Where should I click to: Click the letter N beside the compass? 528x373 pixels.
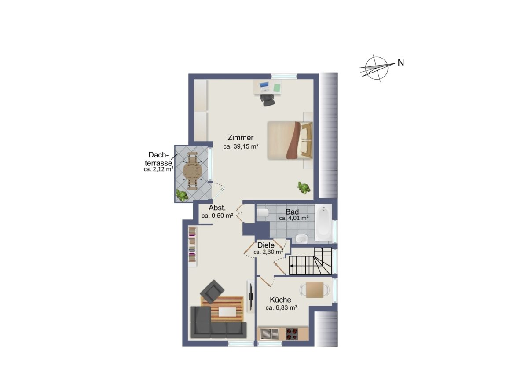point(401,62)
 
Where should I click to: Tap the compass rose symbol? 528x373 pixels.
point(377,68)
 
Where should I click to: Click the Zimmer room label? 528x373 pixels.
point(240,138)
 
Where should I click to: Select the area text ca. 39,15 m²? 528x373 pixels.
point(241,146)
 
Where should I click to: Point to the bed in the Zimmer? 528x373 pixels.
point(290,140)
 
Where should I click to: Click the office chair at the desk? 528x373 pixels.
point(268,100)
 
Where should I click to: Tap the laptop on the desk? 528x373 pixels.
point(264,87)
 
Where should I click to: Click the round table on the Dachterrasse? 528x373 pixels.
point(193,171)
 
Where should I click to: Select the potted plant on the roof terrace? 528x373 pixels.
point(182,195)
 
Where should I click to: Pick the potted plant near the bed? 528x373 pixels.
point(304,187)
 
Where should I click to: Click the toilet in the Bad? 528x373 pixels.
point(263,213)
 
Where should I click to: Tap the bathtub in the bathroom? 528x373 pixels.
point(323,223)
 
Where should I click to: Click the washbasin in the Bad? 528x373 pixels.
point(302,238)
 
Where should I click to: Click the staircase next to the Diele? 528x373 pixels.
point(310,261)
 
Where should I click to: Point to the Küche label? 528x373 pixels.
point(281,300)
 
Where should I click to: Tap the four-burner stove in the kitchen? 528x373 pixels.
point(292,334)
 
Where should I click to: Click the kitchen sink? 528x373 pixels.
point(269,334)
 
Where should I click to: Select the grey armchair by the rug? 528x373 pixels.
point(212,292)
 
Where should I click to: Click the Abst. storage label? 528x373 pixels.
point(217,208)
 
